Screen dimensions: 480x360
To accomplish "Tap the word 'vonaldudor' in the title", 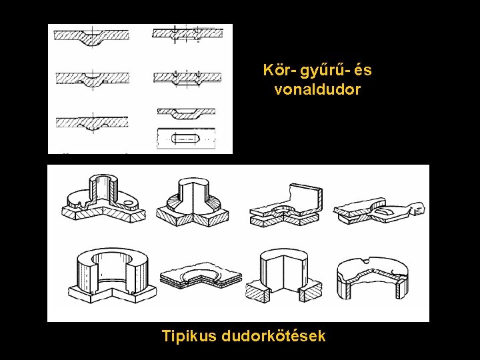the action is pos(317,89).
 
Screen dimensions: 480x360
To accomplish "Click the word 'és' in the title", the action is pos(363,70).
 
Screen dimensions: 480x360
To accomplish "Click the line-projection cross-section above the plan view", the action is pos(186,112).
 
